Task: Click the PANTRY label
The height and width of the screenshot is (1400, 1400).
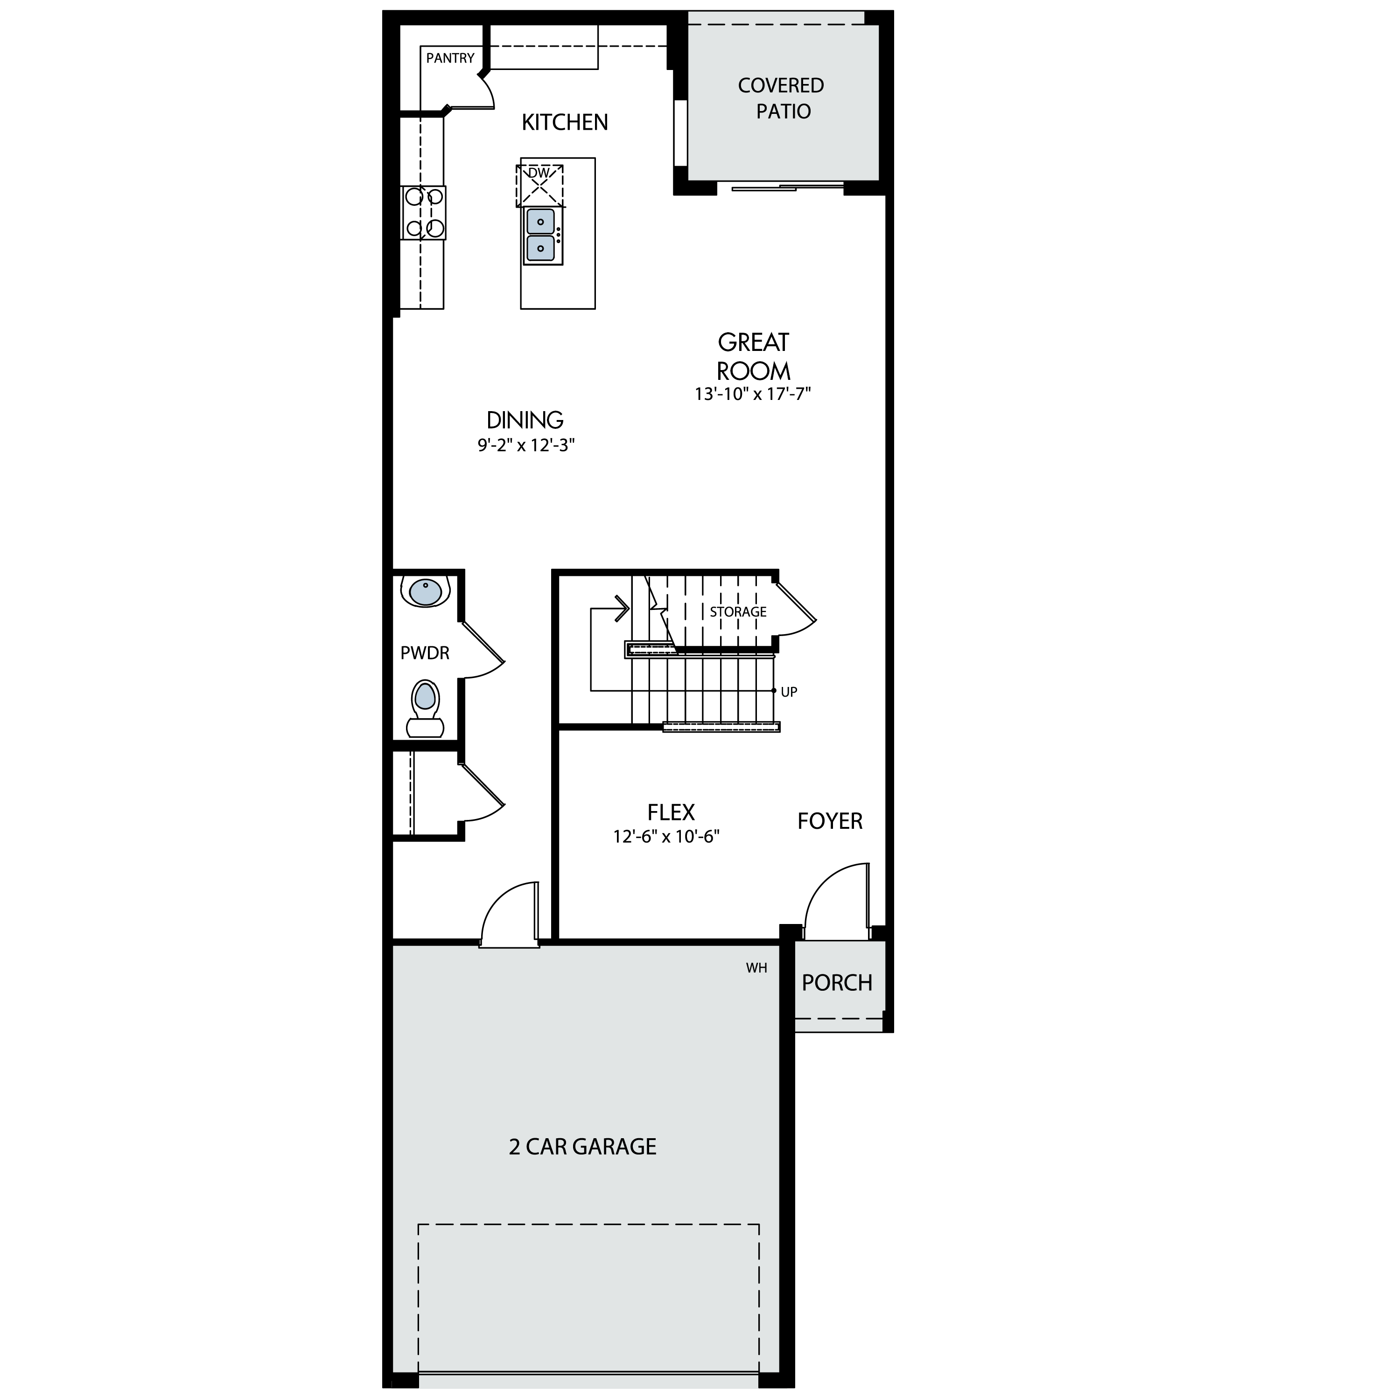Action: (x=450, y=58)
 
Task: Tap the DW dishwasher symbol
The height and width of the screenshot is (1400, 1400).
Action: (x=539, y=186)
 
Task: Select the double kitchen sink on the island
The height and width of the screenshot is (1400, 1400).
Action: (x=541, y=236)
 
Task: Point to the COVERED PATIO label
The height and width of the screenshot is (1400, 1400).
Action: (x=781, y=98)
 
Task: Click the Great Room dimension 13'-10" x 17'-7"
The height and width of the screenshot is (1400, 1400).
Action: (x=753, y=394)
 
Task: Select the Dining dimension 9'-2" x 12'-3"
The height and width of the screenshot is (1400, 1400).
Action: (x=526, y=445)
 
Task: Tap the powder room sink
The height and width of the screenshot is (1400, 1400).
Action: (x=425, y=592)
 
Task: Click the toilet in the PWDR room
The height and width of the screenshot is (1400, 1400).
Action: (x=425, y=709)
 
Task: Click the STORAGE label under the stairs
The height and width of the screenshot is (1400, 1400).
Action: (x=738, y=612)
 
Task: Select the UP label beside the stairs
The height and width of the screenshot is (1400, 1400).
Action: (x=789, y=692)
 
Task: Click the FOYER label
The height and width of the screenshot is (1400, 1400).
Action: (x=830, y=821)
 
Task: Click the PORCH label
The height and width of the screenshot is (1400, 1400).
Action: (x=837, y=983)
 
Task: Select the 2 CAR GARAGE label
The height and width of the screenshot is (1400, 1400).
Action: (x=582, y=1147)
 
